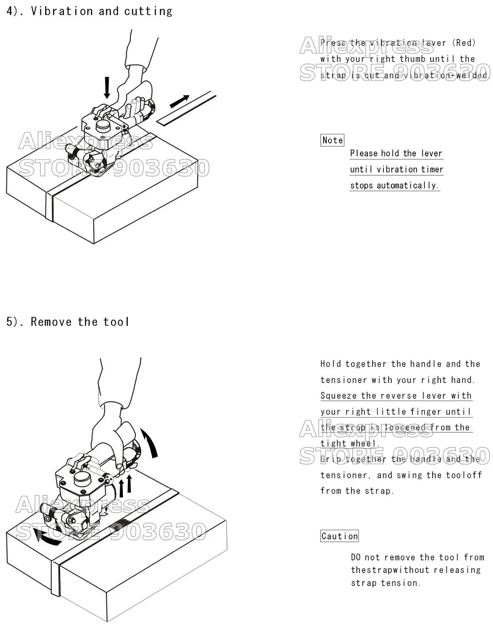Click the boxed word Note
333,140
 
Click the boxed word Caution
339,536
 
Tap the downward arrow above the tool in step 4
107,87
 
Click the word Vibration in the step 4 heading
62,11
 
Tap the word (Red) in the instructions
463,43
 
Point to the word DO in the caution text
356,557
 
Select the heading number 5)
14,322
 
